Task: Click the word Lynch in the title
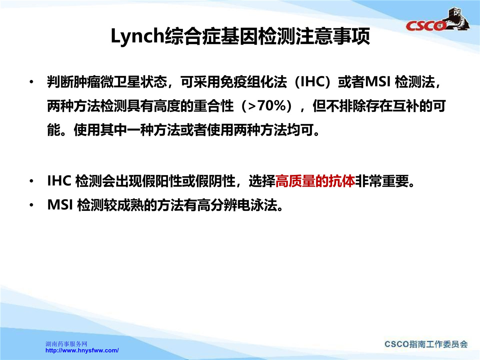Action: [x=138, y=36]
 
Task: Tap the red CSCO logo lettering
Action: [x=425, y=26]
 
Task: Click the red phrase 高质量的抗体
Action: [x=315, y=181]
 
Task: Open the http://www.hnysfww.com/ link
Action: [x=82, y=351]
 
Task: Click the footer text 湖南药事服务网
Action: [x=66, y=344]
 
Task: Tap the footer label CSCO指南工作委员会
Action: [x=426, y=344]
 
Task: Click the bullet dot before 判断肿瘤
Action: [x=32, y=82]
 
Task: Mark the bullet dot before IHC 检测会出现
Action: [x=32, y=181]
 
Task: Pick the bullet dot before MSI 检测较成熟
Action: [x=32, y=205]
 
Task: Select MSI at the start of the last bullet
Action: [x=60, y=205]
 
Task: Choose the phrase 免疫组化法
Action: [x=254, y=82]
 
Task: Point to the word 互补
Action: [x=406, y=106]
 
